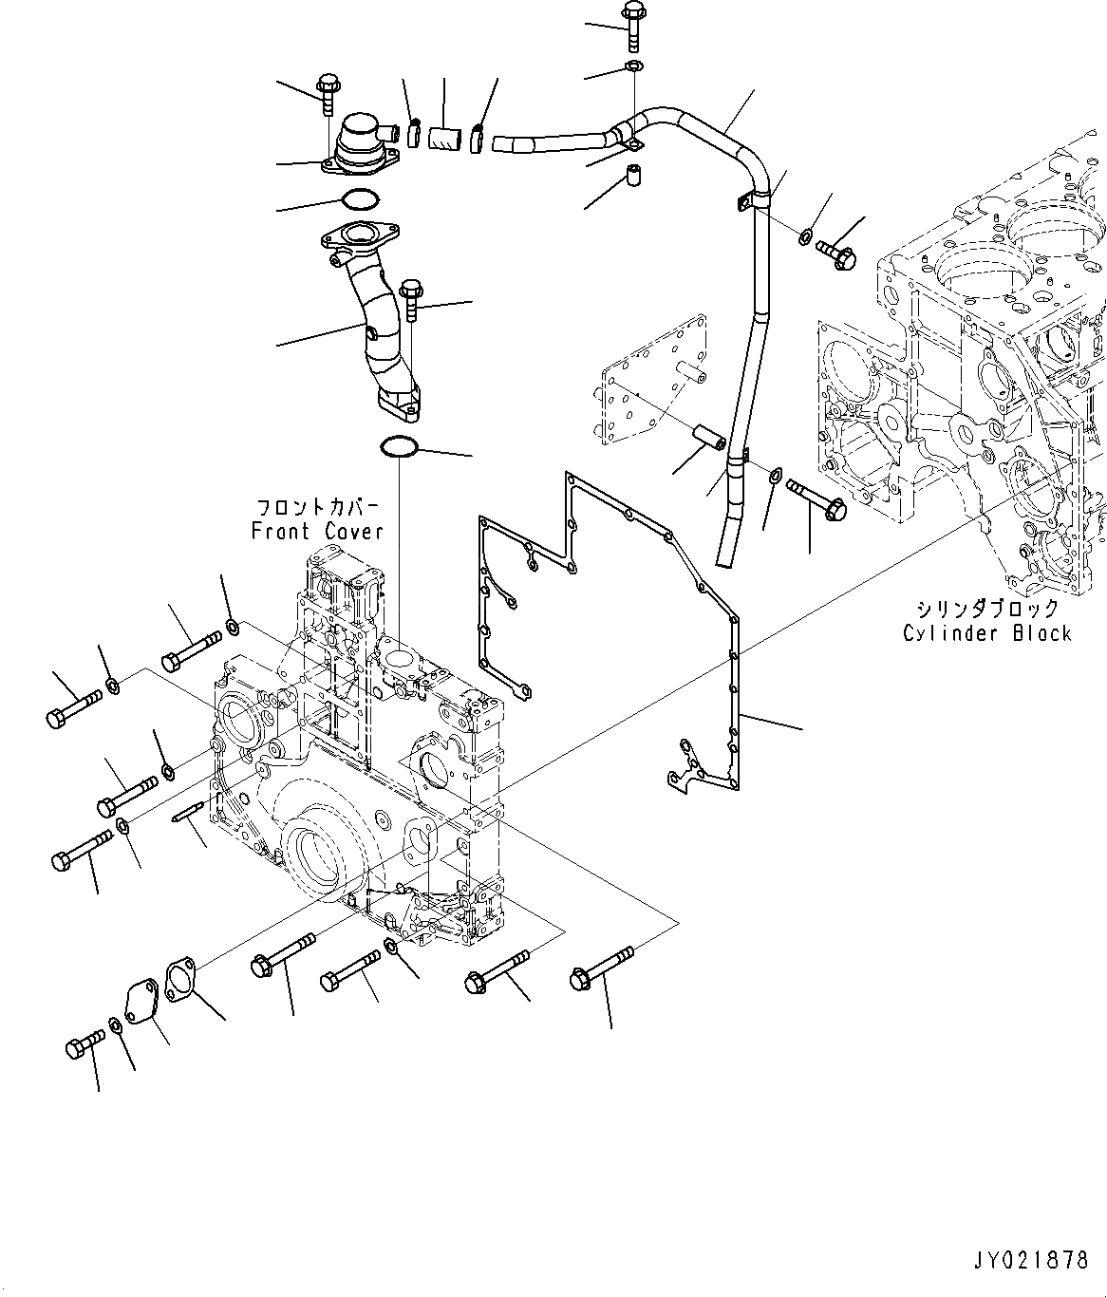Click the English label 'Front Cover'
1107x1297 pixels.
317,532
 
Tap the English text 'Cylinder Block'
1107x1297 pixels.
987,633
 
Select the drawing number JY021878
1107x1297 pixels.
1029,1260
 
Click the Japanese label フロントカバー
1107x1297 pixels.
317,507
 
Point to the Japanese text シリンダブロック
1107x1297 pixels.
987,609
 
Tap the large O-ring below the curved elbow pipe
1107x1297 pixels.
398,445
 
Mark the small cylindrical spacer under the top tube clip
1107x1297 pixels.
631,177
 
